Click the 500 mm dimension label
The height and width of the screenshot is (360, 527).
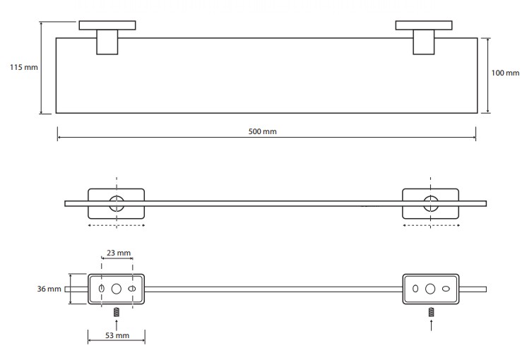(x=263, y=131)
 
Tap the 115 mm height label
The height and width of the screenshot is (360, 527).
(x=24, y=67)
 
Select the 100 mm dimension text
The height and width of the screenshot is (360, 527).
(x=505, y=73)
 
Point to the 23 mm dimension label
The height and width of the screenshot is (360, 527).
(x=119, y=253)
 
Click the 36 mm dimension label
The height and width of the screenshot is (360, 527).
(x=49, y=289)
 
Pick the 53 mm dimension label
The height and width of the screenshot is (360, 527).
(x=117, y=335)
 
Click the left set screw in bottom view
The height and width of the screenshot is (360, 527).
(x=117, y=312)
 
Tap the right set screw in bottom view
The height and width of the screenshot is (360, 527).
(x=431, y=312)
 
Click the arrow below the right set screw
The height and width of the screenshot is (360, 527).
(x=431, y=325)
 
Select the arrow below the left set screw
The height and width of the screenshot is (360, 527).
(x=117, y=325)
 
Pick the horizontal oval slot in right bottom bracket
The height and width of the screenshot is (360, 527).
(x=446, y=289)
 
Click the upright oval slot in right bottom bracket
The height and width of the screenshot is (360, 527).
(x=415, y=289)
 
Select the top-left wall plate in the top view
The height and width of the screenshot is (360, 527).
(x=107, y=25)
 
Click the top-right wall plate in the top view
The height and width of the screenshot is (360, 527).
(x=424, y=25)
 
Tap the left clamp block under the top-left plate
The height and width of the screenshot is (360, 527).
(x=107, y=42)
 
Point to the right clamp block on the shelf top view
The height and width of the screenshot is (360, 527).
(x=423, y=42)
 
